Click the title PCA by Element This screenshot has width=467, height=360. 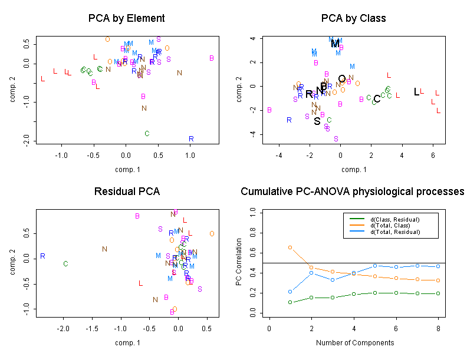point(126,18)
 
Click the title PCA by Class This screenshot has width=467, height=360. point(354,18)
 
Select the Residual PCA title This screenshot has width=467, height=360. point(126,192)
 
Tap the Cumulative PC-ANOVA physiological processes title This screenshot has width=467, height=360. point(353,192)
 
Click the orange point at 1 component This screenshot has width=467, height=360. point(290,247)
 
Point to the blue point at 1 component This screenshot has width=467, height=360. point(290,292)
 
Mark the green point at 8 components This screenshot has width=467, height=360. point(438,293)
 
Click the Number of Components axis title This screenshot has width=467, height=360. point(354,342)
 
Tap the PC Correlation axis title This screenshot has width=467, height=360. point(239,262)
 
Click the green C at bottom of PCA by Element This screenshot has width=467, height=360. point(147,133)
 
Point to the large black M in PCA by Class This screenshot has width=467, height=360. point(335,44)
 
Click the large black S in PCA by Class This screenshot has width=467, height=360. point(317,121)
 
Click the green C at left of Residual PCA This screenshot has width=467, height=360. point(66,264)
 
